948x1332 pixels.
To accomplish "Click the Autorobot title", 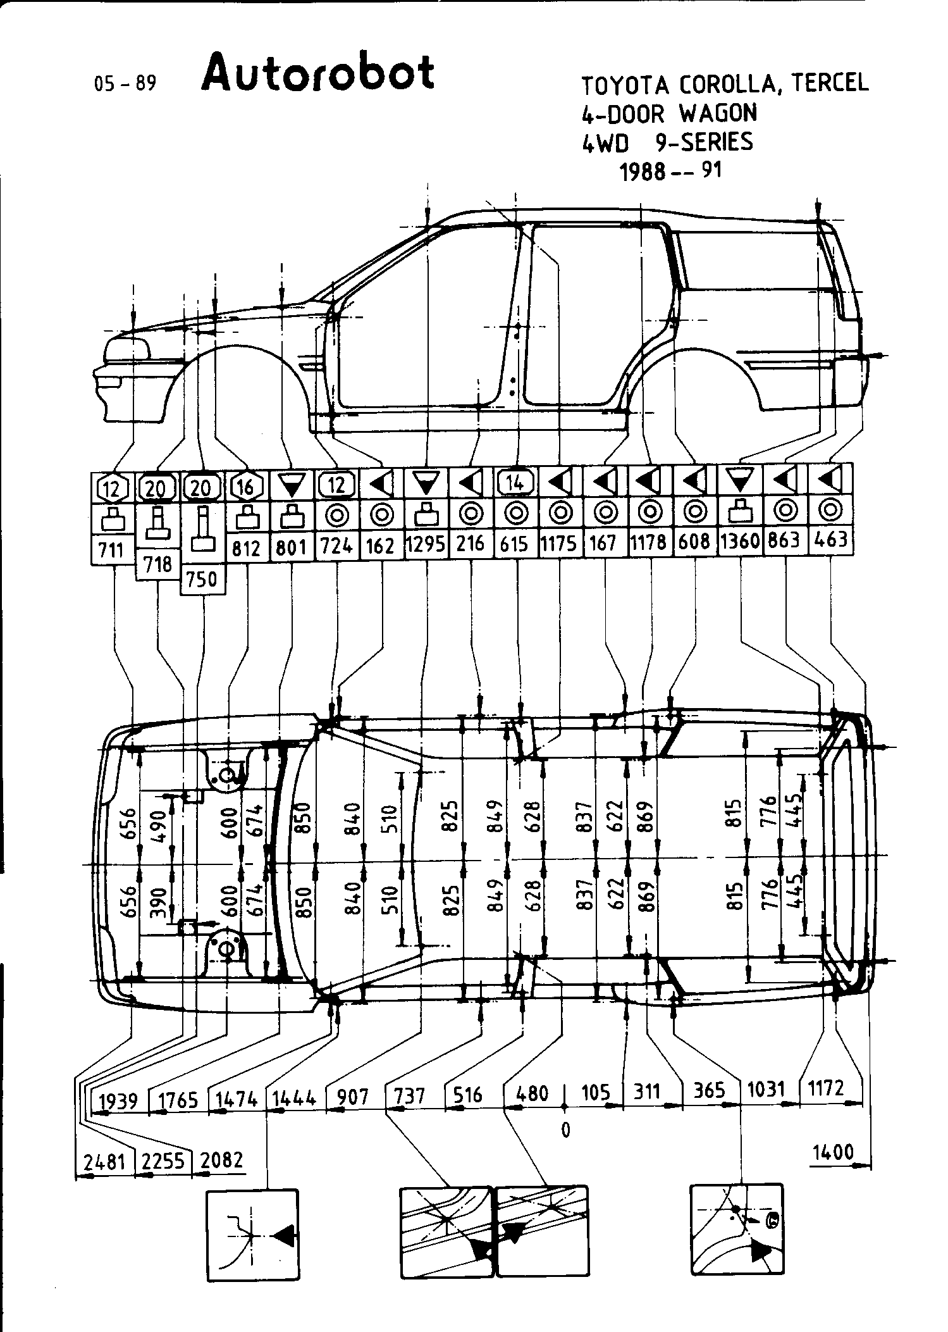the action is click(318, 73).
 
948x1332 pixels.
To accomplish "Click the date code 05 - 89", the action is click(125, 82).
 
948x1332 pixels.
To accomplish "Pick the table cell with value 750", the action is click(202, 579).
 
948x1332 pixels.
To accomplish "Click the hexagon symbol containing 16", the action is click(246, 487).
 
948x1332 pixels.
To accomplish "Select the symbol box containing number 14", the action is click(516, 483).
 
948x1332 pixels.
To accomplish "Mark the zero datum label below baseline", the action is click(565, 1129).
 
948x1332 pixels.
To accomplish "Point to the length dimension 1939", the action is click(119, 1100).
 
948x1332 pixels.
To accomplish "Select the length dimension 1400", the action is click(833, 1152).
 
